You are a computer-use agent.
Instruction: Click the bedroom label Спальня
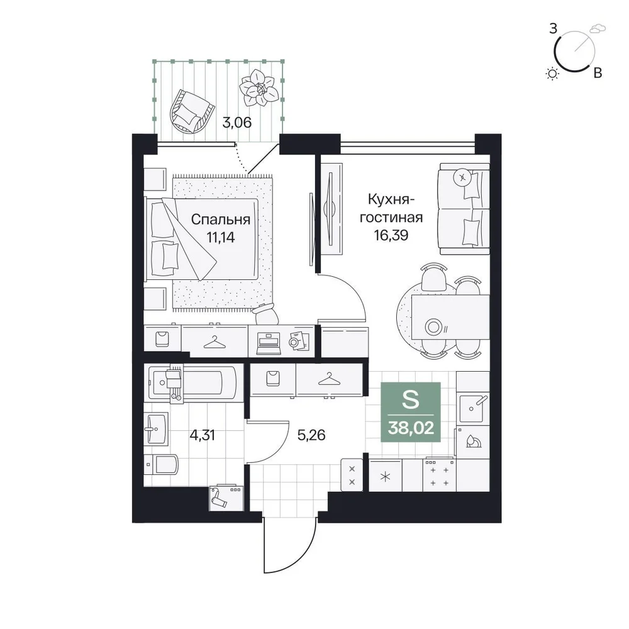tap(220, 220)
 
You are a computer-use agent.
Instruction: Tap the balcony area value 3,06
tap(237, 123)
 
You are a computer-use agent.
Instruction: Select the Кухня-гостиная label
tap(391, 208)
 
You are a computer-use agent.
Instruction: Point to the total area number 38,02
tap(411, 428)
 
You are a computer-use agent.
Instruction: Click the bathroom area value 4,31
tap(203, 435)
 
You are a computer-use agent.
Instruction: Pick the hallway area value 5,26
tap(311, 435)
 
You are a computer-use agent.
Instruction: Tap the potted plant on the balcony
tap(259, 88)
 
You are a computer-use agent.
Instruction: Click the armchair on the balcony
tap(191, 112)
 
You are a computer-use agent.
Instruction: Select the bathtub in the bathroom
tap(194, 383)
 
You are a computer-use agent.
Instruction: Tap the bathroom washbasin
tap(156, 429)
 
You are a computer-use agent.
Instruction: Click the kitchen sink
tap(472, 408)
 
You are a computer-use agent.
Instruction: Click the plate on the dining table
tap(433, 326)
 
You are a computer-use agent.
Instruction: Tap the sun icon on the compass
tap(553, 74)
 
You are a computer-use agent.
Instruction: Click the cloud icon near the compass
tap(598, 28)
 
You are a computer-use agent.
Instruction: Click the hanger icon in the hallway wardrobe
tap(329, 379)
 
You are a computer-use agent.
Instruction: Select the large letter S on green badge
tap(410, 399)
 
